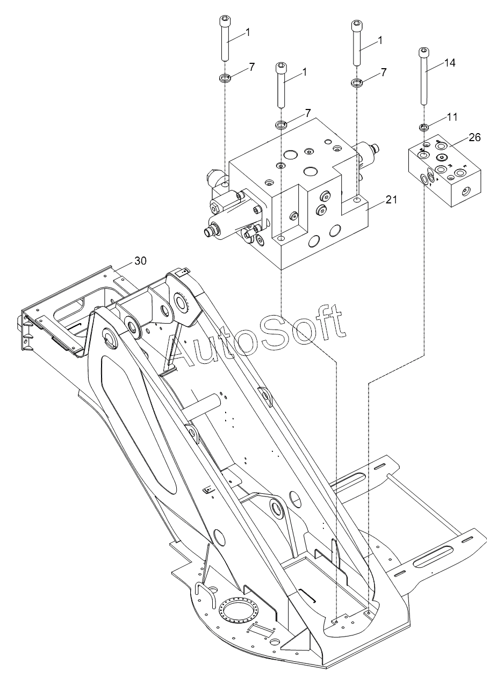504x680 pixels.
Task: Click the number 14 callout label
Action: (x=449, y=63)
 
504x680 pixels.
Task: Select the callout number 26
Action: (x=474, y=137)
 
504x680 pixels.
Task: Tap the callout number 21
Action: (x=391, y=200)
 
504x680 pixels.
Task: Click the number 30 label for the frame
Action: (x=140, y=261)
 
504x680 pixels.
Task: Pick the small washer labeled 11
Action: (x=424, y=127)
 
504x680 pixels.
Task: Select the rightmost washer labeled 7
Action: (x=357, y=83)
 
